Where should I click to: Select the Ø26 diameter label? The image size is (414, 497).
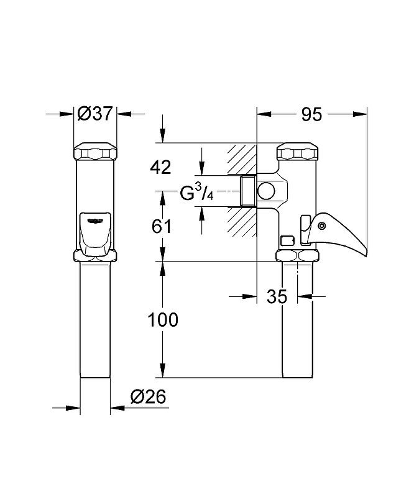click(x=147, y=396)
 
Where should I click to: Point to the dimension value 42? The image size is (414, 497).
click(x=160, y=167)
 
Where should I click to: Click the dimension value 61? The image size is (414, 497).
click(x=161, y=227)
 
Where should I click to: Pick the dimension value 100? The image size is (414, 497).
click(x=162, y=320)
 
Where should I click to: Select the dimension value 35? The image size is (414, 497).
click(x=277, y=297)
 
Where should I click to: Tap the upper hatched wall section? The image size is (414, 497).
click(x=242, y=159)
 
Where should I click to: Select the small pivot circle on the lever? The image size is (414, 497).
click(x=321, y=226)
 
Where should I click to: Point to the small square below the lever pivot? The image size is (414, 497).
click(x=287, y=240)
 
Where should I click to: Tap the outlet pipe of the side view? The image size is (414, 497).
click(x=298, y=323)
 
